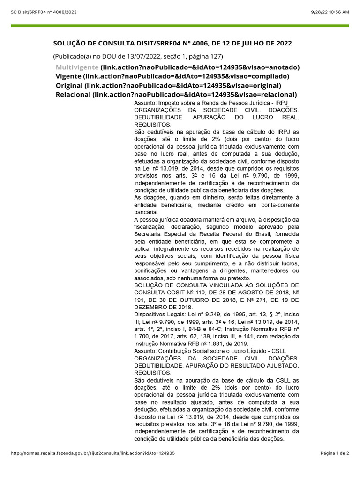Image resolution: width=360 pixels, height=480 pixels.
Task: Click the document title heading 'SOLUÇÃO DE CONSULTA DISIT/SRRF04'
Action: [172, 44]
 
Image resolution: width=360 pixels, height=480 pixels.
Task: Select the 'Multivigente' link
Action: [77, 67]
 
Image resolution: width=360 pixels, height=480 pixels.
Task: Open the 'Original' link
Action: [69, 85]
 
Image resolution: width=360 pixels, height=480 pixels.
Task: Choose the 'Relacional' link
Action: [73, 95]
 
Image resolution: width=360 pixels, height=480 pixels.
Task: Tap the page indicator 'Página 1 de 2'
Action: [335, 453]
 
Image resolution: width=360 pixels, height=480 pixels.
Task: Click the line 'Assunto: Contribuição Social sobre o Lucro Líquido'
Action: [210, 351]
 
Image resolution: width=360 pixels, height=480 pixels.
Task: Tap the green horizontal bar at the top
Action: [180, 26]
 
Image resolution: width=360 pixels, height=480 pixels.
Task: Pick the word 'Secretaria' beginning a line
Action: [148, 234]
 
